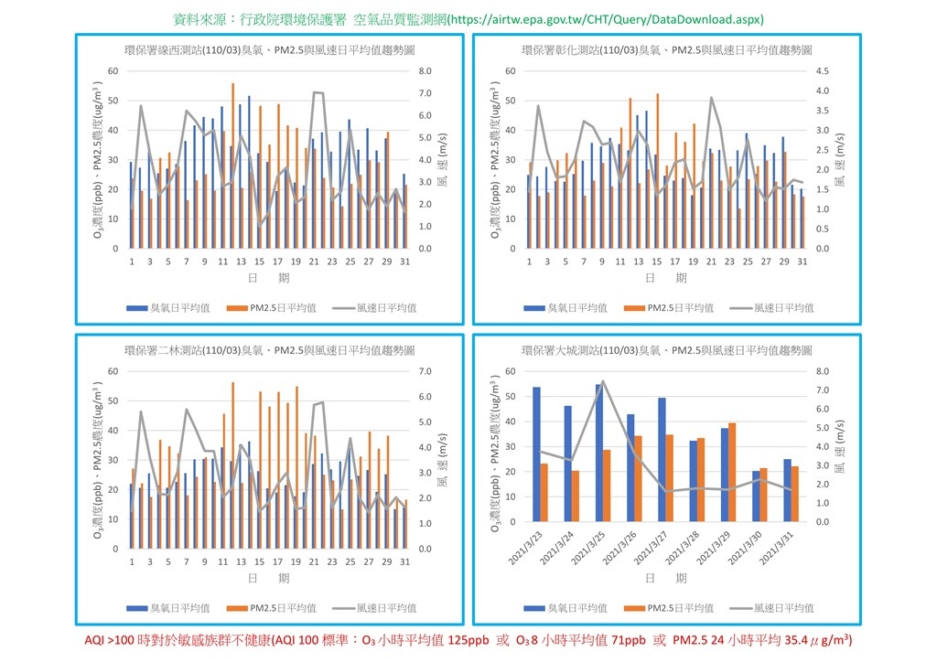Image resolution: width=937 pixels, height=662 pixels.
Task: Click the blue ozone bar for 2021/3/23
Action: click(x=536, y=454)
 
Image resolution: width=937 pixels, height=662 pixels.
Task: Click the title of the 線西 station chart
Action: click(x=270, y=50)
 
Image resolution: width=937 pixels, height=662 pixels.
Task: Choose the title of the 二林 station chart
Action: click(x=270, y=350)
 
